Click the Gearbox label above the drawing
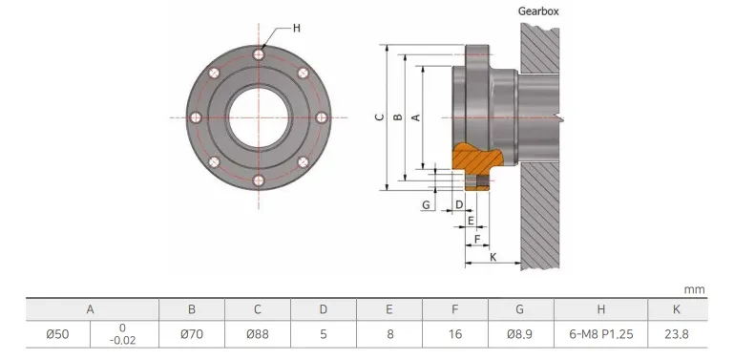coord(538,11)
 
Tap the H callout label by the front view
coord(296,28)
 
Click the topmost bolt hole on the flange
coord(259,54)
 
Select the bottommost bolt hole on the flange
coord(259,180)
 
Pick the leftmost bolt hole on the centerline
coord(196,117)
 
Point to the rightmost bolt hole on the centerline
coord(322,117)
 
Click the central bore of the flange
coord(259,117)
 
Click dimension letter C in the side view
coord(380,117)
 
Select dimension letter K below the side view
coord(493,257)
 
